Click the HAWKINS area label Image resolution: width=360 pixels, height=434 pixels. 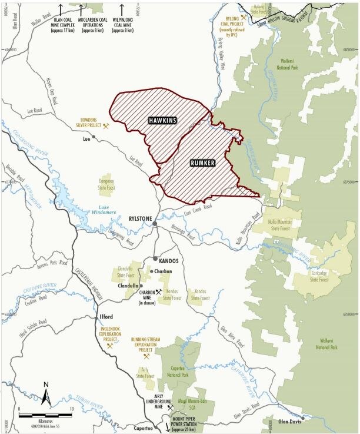coord(162,120)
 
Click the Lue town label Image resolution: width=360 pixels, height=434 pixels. coord(86,141)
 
